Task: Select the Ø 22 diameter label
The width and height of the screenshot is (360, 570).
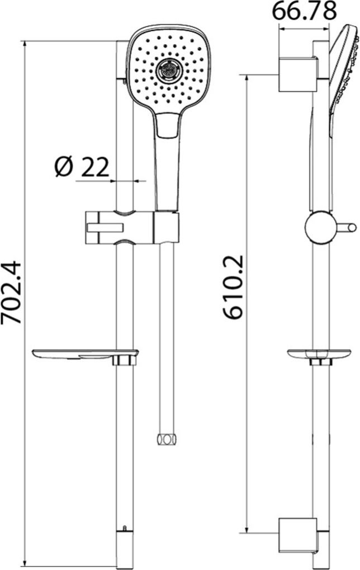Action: coord(82,167)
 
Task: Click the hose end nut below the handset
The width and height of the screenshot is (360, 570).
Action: coord(166,439)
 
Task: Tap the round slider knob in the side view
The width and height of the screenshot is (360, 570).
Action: coord(320,228)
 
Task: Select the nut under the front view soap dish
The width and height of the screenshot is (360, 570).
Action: coord(124,361)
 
